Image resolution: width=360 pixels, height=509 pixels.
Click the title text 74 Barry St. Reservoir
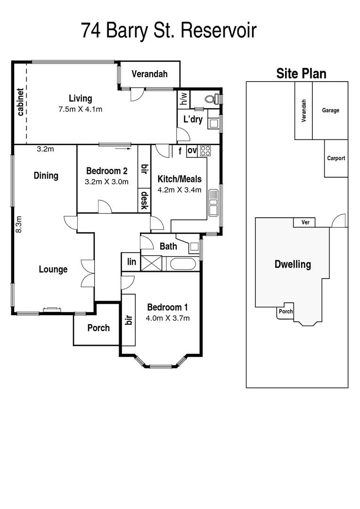169,31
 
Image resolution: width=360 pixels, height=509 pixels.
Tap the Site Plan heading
301,74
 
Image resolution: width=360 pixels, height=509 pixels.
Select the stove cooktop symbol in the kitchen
205,151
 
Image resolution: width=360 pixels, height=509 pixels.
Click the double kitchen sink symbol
213,203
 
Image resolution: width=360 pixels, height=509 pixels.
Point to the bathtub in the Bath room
182,263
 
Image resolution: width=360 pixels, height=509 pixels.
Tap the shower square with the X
151,263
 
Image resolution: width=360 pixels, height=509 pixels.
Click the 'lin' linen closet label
131,262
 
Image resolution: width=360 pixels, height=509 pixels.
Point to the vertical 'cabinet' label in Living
20,102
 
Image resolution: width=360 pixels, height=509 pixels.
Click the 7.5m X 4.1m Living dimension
80,109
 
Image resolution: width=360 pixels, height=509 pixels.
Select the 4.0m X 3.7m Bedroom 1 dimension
168,318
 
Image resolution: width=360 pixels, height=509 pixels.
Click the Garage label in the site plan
330,110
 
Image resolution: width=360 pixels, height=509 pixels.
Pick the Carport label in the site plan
336,158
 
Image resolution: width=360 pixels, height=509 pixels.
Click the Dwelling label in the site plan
293,264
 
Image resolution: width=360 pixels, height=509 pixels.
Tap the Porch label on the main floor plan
98,328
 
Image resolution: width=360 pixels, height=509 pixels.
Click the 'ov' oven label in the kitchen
192,151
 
